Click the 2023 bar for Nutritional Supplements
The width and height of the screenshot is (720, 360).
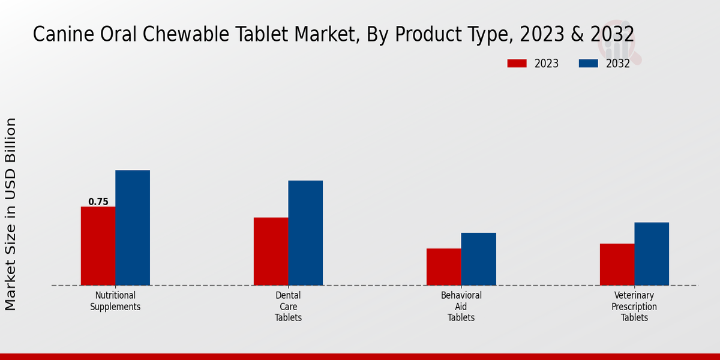pyautogui.click(x=98, y=246)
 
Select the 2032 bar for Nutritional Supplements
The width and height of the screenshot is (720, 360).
pyautogui.click(x=133, y=228)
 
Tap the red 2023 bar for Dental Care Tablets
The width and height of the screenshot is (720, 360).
pyautogui.click(x=271, y=251)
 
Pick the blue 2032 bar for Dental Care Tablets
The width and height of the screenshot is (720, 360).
pyautogui.click(x=305, y=233)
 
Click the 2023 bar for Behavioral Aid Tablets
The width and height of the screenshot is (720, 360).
pyautogui.click(x=444, y=267)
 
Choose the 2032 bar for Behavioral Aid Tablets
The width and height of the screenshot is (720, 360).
pyautogui.click(x=479, y=259)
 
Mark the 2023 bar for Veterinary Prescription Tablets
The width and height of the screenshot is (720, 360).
pyautogui.click(x=617, y=265)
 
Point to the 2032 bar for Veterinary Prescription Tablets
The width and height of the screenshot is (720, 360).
pyautogui.click(x=652, y=254)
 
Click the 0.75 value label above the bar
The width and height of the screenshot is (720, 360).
pyautogui.click(x=98, y=202)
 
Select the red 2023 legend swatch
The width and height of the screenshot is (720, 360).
pyautogui.click(x=517, y=64)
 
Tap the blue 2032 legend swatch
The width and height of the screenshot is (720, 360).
pyautogui.click(x=588, y=64)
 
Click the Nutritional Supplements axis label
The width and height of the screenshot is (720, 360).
pyautogui.click(x=115, y=301)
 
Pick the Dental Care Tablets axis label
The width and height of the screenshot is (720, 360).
pyautogui.click(x=288, y=307)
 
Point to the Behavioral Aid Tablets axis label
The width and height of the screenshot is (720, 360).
pyautogui.click(x=461, y=307)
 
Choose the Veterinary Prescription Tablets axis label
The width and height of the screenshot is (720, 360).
pyautogui.click(x=634, y=307)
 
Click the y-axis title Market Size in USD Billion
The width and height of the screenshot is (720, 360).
pyautogui.click(x=11, y=214)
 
